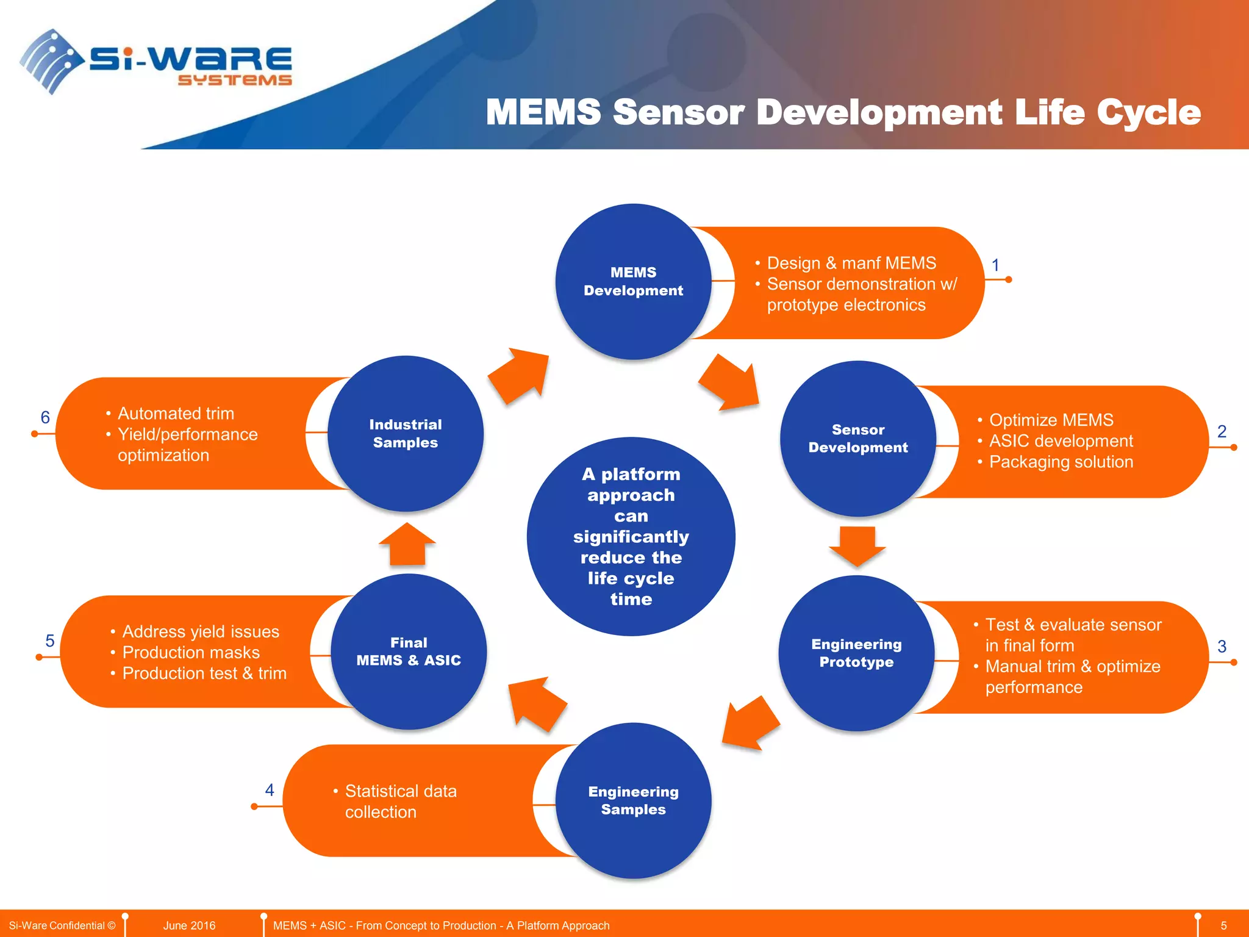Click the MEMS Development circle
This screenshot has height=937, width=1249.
pos(633,281)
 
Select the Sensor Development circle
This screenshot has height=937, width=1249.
pos(857,439)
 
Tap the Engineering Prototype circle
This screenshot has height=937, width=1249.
pos(856,653)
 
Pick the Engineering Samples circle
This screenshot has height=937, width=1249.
pos(633,800)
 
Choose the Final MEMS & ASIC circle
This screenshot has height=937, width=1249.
pos(409,652)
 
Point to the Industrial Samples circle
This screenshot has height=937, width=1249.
pos(406,434)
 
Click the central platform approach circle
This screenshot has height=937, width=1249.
pos(631,536)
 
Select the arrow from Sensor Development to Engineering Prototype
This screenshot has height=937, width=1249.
pos(857,545)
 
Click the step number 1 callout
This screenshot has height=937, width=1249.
pos(995,265)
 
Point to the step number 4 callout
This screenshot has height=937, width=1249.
pos(270,791)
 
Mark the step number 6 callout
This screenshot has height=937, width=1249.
pos(45,417)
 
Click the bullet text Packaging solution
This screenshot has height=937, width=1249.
pos(1061,462)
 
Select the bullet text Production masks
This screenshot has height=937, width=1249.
pos(191,652)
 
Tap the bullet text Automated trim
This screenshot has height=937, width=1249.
pos(176,414)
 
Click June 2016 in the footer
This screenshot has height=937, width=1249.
pos(189,925)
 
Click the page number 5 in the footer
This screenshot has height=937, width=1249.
pos(1223,925)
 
